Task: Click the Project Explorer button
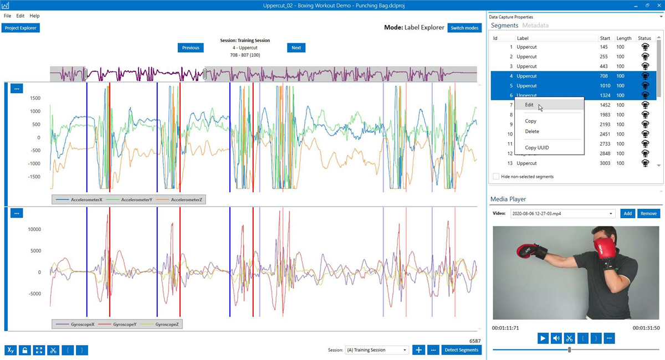tap(21, 28)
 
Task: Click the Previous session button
tap(191, 48)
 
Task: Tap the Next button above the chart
tap(296, 48)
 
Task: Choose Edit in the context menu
tap(530, 105)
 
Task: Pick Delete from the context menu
tap(532, 131)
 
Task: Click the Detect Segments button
tap(461, 350)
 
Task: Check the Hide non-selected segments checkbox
tap(496, 177)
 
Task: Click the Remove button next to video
tap(648, 213)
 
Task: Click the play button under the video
tap(543, 338)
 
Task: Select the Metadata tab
tap(535, 25)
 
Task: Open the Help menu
tap(34, 16)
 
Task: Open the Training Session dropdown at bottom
tap(377, 350)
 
